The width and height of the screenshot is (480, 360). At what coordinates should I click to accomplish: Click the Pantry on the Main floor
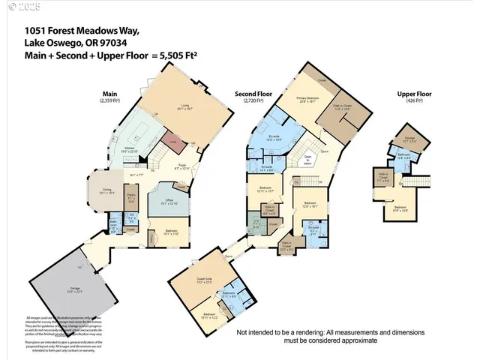[132, 200]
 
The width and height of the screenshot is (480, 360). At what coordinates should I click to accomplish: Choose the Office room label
[171, 201]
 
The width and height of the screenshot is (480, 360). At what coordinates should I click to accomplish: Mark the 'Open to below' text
[307, 160]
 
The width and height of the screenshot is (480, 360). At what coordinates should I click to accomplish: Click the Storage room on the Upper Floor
[409, 139]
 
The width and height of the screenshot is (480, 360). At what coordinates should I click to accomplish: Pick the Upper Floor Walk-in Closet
[384, 178]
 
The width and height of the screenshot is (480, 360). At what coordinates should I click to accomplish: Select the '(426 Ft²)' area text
[415, 100]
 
